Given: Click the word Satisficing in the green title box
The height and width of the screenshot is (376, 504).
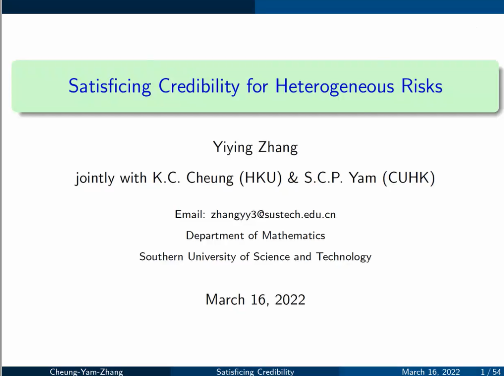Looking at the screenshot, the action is [110, 86].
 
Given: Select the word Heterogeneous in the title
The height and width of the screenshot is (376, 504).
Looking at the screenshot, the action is [334, 86].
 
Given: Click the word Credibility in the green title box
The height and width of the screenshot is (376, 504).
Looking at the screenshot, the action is [199, 86].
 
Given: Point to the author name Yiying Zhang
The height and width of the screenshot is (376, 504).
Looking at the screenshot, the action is [255, 148].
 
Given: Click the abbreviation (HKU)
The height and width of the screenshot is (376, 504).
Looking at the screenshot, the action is [261, 178].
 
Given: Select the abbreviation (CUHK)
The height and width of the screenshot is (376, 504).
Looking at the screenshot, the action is [408, 178].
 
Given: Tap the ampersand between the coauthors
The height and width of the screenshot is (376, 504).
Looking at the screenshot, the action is [293, 177].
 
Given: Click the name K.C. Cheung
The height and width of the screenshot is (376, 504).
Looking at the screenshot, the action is [193, 178].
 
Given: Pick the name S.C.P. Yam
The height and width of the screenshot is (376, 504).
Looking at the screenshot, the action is [340, 177].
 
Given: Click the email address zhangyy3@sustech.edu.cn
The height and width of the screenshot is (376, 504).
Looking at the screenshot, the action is [273, 214].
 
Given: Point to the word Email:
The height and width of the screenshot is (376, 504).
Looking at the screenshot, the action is [189, 214].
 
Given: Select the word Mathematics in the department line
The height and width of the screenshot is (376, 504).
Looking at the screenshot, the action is [294, 235].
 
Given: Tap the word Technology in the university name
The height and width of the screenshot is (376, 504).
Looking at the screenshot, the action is [343, 257].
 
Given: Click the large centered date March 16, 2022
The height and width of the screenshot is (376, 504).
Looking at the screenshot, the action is [255, 300].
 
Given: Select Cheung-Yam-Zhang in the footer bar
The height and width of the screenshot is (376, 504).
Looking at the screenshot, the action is [86, 372].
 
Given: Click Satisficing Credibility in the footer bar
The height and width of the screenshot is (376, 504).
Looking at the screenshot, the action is [255, 372].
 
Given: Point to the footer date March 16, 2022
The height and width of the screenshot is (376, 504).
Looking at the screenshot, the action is [431, 372].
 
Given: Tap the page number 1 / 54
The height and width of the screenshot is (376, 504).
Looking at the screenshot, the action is [490, 372].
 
